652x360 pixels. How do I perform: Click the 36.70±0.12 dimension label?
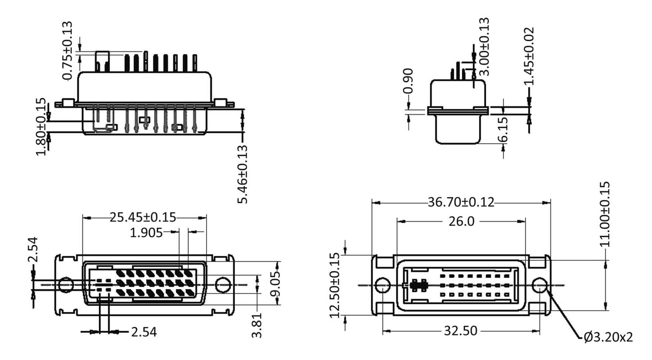(460, 202)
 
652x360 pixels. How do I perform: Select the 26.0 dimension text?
(461, 221)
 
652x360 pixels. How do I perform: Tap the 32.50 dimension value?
(460, 331)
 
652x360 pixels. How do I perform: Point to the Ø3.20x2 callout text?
(608, 337)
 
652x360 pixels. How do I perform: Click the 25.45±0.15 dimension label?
(143, 217)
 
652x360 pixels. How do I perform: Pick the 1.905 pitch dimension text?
(146, 233)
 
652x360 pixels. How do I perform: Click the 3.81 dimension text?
(257, 325)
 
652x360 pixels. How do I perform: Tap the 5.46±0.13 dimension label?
(243, 174)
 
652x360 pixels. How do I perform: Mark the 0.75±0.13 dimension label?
(67, 51)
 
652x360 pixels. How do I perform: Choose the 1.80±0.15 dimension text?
(41, 126)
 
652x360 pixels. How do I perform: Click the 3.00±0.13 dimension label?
(485, 47)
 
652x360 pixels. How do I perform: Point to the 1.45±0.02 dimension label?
(529, 56)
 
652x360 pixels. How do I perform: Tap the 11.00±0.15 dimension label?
(605, 214)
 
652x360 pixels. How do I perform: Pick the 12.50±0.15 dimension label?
(335, 285)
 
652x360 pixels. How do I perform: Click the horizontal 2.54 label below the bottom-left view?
(144, 332)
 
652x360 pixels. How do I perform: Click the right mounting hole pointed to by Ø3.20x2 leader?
(539, 285)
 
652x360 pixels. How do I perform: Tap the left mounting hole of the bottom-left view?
(66, 285)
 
